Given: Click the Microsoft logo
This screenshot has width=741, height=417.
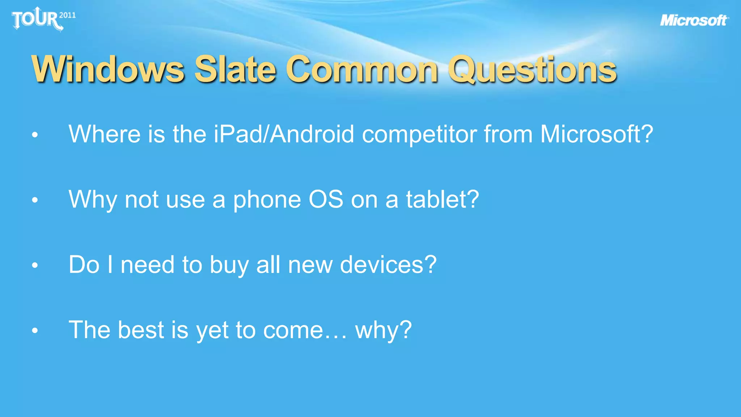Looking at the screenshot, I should click(x=694, y=21).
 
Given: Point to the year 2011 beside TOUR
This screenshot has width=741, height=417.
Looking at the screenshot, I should click(x=67, y=15).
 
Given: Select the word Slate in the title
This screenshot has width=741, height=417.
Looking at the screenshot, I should click(x=235, y=69).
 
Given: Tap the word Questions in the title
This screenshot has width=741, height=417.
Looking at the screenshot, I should click(x=532, y=69).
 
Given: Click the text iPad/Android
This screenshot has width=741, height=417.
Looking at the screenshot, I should click(x=284, y=134).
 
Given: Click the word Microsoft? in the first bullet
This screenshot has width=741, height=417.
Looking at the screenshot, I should click(x=597, y=134).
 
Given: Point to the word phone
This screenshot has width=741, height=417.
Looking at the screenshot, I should click(x=267, y=200).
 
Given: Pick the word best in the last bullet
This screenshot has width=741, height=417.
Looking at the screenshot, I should click(x=141, y=330).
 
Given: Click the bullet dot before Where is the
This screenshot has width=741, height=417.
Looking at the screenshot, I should click(x=35, y=135).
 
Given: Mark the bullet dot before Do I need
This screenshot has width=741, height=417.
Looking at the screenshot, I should click(x=35, y=265).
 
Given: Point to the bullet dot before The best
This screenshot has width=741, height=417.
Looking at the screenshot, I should click(x=35, y=330).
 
